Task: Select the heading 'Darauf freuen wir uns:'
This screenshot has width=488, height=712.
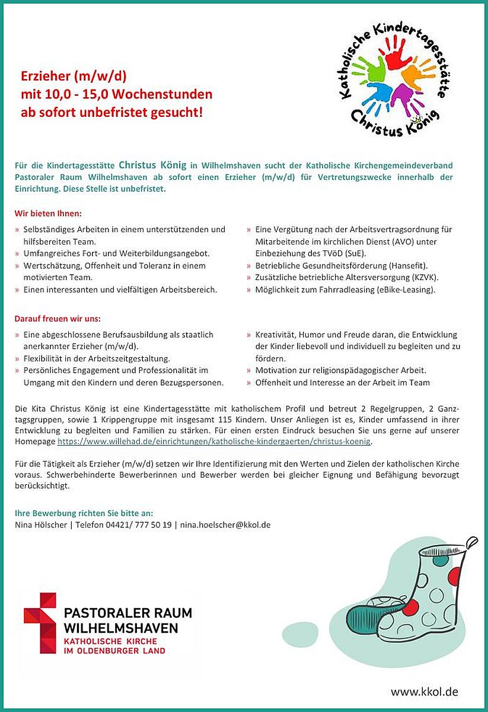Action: coord(58,319)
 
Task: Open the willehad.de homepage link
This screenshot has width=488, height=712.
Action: coord(214,442)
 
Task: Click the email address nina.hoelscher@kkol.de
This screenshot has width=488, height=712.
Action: coord(225,525)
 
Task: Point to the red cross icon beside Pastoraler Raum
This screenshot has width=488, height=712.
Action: coord(40,623)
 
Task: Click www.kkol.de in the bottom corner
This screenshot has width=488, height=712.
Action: coord(423,692)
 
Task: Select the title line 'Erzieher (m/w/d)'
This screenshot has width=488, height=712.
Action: coord(74,77)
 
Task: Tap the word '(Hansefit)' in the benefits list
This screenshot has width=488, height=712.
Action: coord(409,265)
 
